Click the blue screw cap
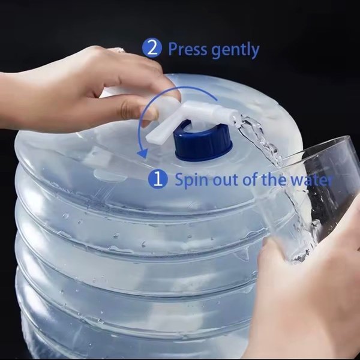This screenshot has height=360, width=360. click(x=203, y=143)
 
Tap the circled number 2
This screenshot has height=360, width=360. click(x=152, y=47)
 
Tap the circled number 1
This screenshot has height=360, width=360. click(x=158, y=179)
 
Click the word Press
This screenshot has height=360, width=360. click(x=188, y=49)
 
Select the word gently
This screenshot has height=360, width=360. click(x=235, y=50)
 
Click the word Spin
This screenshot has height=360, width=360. click(x=192, y=180)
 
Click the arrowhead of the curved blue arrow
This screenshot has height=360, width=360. click(x=142, y=152)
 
